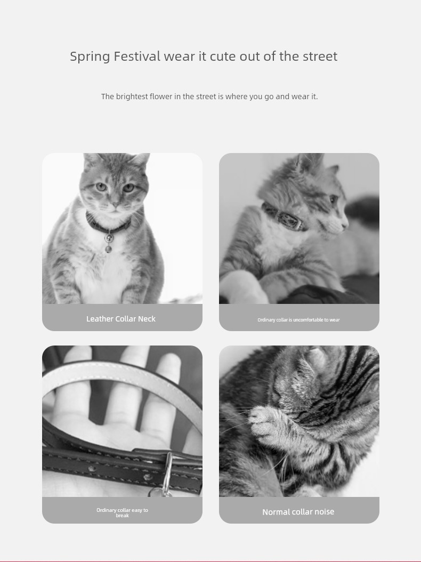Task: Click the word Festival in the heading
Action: point(137,57)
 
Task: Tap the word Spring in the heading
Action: point(90,57)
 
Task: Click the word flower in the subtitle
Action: point(161,97)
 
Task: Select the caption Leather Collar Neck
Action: point(121,319)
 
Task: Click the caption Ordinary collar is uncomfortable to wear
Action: point(298,320)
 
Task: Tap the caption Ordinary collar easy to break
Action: point(122,512)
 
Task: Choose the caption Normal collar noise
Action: point(298,512)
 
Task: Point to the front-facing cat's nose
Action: point(115,205)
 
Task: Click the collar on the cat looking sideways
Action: point(284,217)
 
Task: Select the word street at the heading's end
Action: point(320,57)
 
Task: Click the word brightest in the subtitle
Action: point(132,97)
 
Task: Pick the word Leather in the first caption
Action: point(100,319)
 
